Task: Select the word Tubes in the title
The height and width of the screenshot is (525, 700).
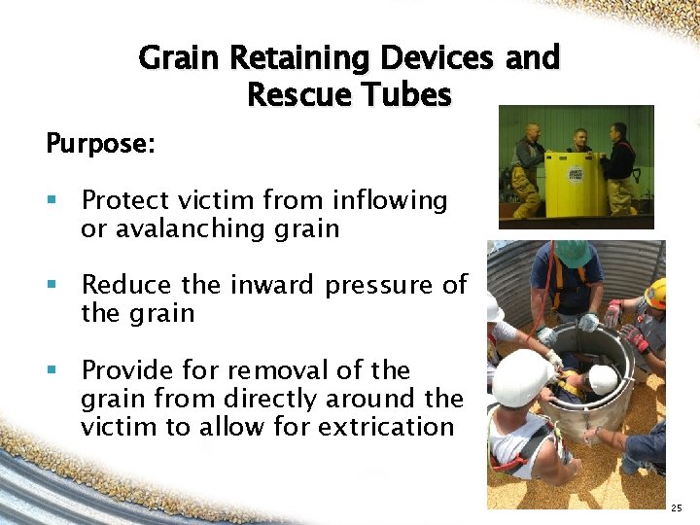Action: (408, 95)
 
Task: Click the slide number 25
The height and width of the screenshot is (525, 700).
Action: (678, 507)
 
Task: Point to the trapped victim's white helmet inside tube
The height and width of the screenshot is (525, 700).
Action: (602, 378)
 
